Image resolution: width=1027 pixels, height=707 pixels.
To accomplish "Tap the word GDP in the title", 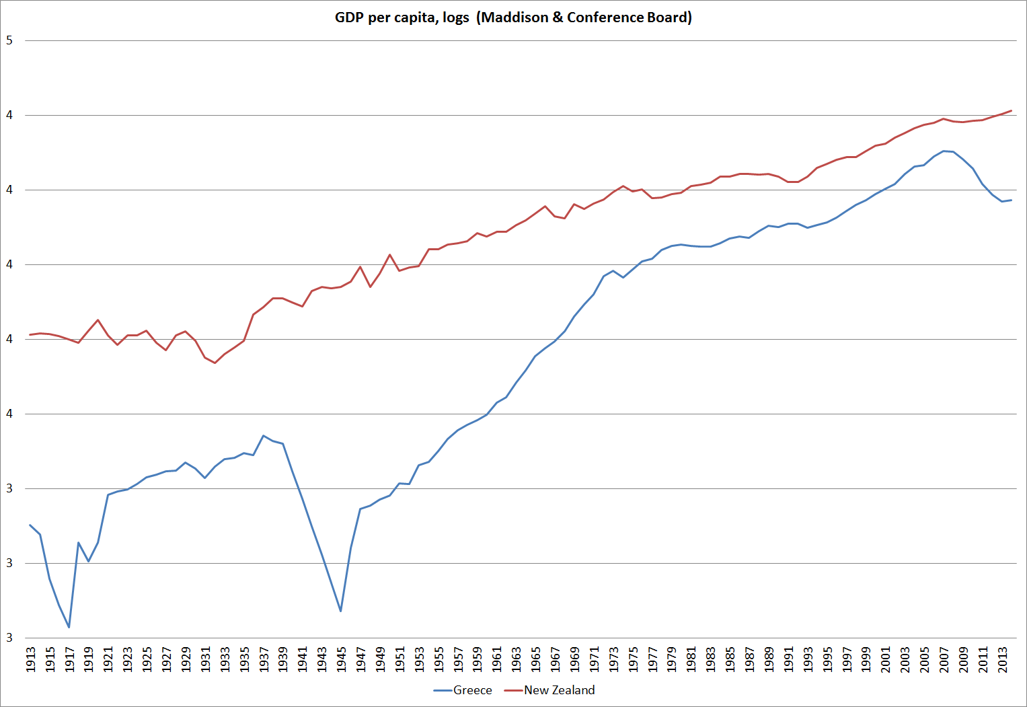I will point(350,17).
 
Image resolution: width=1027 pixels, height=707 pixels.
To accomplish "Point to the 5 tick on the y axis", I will point(9,40).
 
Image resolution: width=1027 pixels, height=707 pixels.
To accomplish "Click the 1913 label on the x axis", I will point(30,659).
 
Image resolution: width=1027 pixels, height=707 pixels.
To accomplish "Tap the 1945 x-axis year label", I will point(341,659).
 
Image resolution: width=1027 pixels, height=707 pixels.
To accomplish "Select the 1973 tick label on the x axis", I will point(613,659).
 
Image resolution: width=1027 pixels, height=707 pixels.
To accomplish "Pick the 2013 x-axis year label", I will point(1002,659).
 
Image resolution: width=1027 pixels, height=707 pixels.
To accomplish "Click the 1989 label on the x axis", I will point(769,659).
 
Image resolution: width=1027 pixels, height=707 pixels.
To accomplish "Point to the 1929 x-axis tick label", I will point(186,659).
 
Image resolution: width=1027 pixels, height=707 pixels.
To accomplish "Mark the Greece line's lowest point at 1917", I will point(69,628).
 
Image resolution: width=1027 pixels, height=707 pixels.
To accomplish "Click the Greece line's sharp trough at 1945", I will point(341,611).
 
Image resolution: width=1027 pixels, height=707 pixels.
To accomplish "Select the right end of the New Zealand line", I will point(1012,110).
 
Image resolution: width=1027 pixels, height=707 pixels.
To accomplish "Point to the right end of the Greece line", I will point(1012,200).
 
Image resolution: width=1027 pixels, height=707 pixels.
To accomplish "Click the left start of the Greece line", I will point(30,525).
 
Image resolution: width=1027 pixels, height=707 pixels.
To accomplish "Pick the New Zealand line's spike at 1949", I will point(389,254).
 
